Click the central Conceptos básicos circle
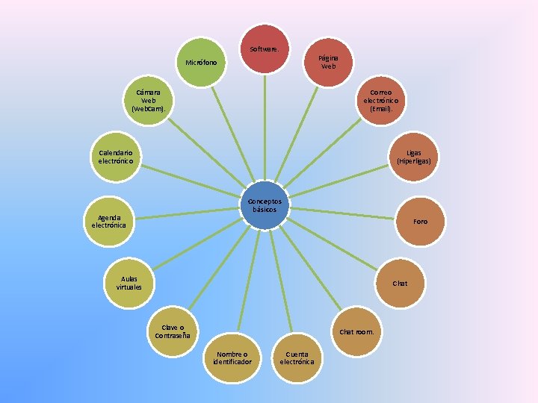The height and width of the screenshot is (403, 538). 264,205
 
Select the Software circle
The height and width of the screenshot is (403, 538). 264,49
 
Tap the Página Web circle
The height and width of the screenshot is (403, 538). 328,62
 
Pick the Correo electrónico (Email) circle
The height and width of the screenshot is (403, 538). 381,101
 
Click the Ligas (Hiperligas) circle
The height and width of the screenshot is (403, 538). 414,157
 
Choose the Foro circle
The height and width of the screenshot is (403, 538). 421,221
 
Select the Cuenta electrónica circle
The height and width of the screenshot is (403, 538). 297,358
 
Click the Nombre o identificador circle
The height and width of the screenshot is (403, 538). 232,358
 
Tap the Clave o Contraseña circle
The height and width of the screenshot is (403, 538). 173,331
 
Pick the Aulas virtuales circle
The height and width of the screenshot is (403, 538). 129,284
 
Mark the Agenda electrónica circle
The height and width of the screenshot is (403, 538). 111,221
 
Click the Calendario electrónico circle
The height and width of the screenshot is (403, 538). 116,157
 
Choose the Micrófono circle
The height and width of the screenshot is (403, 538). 201,62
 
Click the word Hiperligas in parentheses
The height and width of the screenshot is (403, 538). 414,161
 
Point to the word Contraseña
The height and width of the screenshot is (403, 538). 173,336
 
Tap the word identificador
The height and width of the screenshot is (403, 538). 232,362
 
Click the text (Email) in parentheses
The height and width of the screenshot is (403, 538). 381,109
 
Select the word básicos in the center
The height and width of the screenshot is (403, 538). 265,210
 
